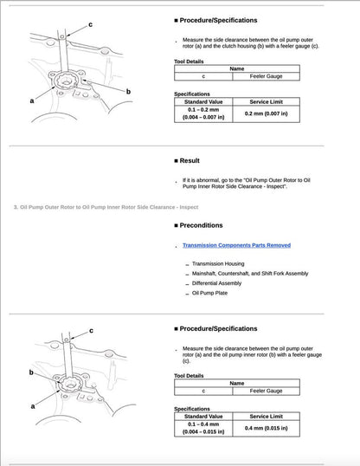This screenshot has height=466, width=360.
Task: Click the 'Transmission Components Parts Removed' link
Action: pos(236,245)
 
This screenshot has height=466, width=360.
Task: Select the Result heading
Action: pos(190,160)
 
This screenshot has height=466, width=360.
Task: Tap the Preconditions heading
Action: pos(204,226)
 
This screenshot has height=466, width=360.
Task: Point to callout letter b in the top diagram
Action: pos(128,91)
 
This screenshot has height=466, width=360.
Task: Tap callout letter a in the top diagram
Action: pos(32,100)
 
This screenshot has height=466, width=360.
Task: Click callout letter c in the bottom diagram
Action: pos(92,330)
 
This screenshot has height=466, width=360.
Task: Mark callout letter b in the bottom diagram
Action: pos(31,372)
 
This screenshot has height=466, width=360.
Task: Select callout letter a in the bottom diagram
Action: pos(33,405)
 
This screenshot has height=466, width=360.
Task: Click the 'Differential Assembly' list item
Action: pos(216,283)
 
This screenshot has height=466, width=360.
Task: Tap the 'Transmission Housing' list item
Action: pos(217,263)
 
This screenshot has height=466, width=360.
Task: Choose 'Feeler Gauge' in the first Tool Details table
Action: pos(267,77)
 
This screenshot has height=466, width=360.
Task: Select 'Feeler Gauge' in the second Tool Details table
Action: pos(267,392)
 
